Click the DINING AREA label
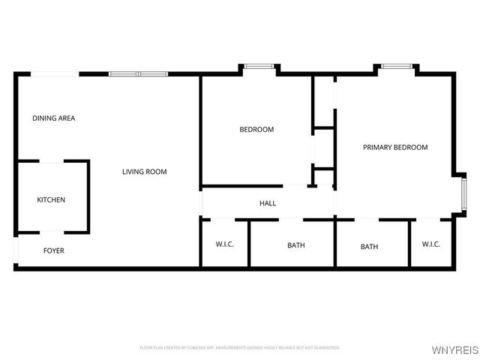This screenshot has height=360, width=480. pos(53,118)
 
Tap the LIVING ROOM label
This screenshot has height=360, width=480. pos(144,172)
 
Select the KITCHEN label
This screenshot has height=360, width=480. pos(51,199)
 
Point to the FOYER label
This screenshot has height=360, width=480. pos(53,250)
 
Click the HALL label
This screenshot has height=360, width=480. pos(268,203)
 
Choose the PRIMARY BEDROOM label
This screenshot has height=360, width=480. pos(395,147)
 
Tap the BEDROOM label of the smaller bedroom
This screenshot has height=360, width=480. pos(256,129)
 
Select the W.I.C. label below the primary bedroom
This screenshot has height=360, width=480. pos(430,244)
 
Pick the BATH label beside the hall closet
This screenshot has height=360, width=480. pos(296,245)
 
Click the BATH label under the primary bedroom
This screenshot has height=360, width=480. pos(369,246)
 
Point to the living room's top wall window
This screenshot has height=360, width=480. pos(139,73)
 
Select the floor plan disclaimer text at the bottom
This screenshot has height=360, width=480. pos(240,348)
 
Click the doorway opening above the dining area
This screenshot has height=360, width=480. pos(55,73)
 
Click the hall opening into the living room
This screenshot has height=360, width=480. pos(201,202)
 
